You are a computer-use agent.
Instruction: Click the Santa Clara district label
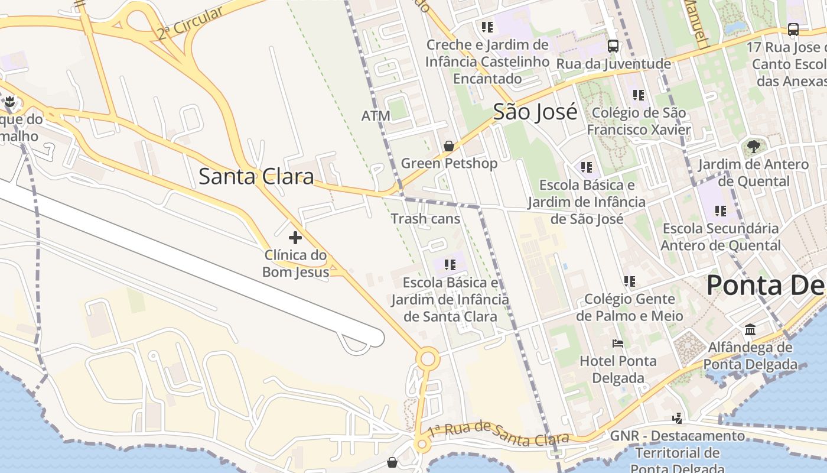coord(256,176)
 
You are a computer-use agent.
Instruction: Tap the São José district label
coord(535,111)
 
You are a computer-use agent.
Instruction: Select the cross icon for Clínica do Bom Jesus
coord(295,238)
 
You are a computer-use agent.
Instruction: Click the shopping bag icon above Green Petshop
coord(449,145)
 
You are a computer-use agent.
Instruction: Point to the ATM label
coord(376,116)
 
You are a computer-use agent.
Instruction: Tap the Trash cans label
coord(425,219)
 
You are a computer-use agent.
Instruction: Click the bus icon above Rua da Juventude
coord(613,46)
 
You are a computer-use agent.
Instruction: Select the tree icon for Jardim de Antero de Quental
coord(753,146)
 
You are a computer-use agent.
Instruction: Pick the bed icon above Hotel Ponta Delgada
coord(618,343)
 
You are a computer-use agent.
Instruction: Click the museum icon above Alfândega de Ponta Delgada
coord(750,329)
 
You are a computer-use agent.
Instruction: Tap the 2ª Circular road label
coord(190,23)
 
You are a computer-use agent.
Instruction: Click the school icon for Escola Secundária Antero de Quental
coord(721,210)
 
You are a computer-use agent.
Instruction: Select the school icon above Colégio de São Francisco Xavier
coord(638,95)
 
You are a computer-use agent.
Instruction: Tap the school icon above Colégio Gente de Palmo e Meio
coord(630,281)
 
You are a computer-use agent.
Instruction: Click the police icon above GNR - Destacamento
coord(677,418)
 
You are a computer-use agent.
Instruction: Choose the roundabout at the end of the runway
coord(428,359)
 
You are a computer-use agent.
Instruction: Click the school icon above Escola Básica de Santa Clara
coord(450,264)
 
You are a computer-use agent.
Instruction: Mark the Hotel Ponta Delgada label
coord(618,369)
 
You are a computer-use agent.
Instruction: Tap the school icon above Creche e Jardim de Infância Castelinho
coord(487,27)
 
